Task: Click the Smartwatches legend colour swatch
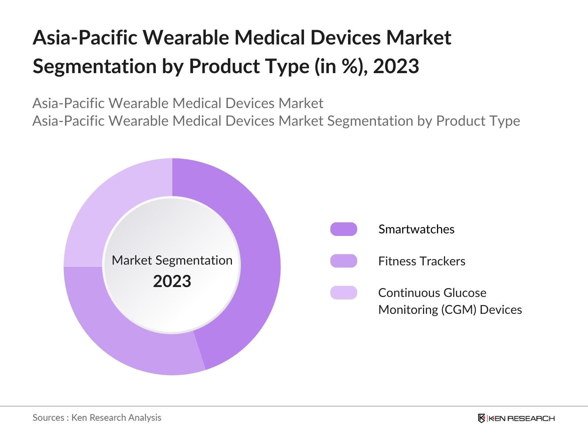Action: click(344, 229)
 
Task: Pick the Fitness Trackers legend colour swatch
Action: click(344, 261)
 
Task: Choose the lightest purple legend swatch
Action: click(344, 293)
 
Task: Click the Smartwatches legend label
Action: click(416, 229)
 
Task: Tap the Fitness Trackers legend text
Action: click(422, 261)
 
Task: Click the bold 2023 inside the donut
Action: click(172, 282)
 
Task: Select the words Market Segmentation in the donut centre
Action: click(172, 260)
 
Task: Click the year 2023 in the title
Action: click(396, 66)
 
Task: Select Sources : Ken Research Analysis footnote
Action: click(97, 417)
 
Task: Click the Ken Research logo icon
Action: click(481, 418)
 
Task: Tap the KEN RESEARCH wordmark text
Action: click(522, 418)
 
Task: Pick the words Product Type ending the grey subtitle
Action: click(478, 121)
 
